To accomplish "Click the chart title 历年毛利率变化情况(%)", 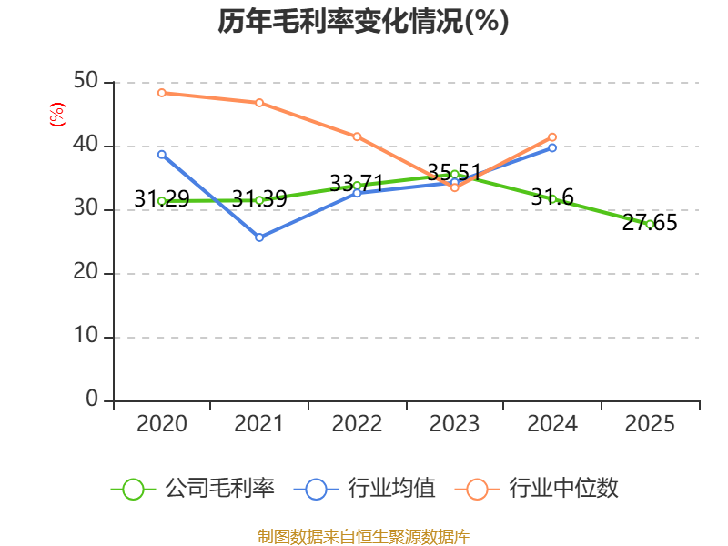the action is (363, 22).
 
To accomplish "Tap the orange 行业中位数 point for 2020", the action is (162, 93).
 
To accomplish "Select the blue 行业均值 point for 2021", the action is (259, 238).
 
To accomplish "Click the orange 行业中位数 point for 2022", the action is (357, 136).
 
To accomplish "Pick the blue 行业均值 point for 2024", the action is (552, 147).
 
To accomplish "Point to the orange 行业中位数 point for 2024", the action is (552, 137).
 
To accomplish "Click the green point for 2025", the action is (650, 225).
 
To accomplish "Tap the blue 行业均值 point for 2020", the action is (162, 155).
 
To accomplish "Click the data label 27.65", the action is (650, 223).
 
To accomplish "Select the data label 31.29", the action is (162, 198).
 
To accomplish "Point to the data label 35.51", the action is (454, 172).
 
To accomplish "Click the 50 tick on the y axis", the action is (86, 81).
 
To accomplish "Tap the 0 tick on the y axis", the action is (92, 399).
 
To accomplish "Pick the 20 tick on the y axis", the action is (86, 271).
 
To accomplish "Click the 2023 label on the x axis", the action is (454, 423).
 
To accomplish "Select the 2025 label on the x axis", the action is (650, 423).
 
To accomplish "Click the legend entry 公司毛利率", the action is (193, 489).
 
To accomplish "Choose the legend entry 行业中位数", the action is (537, 489).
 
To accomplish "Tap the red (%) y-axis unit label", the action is (57, 115).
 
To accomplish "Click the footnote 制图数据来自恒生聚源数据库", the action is (364, 537).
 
